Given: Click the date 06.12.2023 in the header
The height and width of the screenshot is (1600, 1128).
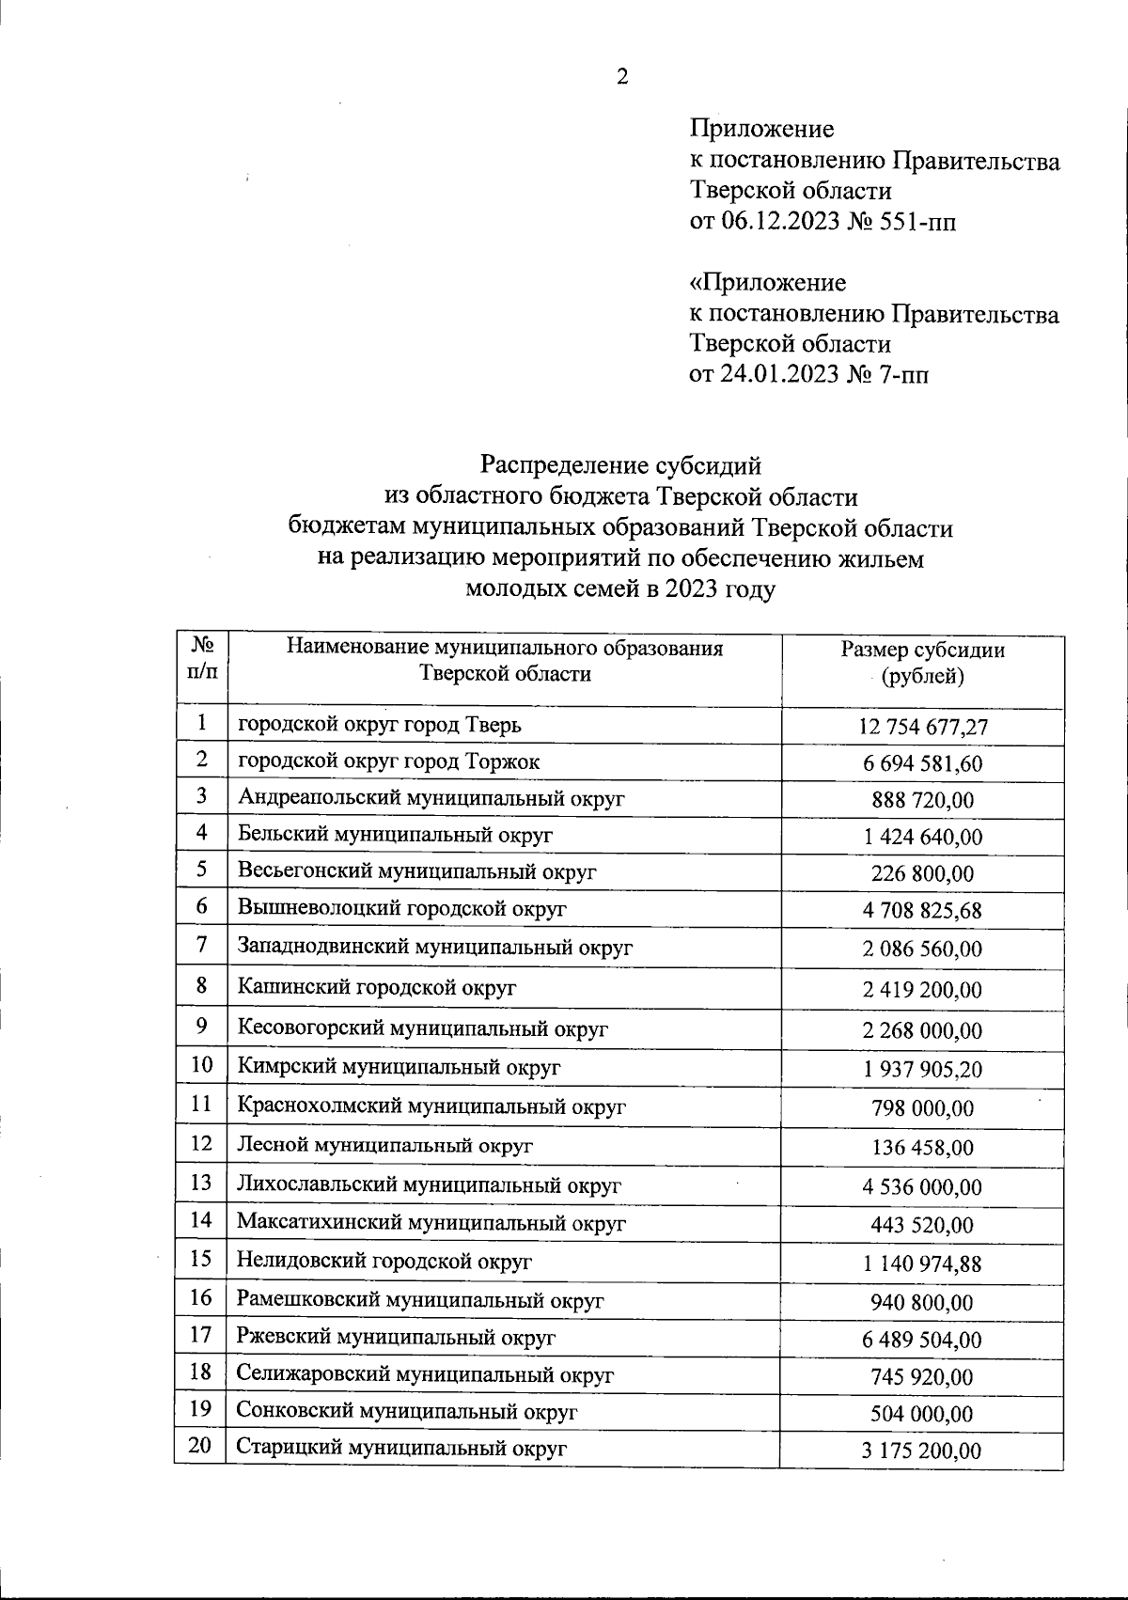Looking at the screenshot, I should pyautogui.click(x=780, y=223).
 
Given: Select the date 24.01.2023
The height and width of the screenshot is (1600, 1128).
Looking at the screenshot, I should pyautogui.click(x=779, y=375).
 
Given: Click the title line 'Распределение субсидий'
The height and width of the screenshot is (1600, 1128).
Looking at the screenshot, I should pyautogui.click(x=620, y=464).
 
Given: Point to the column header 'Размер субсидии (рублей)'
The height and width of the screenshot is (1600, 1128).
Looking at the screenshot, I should pyautogui.click(x=922, y=663).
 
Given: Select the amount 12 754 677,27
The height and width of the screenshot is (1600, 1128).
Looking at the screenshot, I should pyautogui.click(x=922, y=727).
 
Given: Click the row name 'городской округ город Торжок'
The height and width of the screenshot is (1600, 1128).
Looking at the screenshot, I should pyautogui.click(x=389, y=761).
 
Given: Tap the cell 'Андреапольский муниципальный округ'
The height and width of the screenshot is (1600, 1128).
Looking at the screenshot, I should pyautogui.click(x=431, y=798).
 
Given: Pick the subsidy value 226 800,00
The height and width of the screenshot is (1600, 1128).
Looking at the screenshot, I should pyautogui.click(x=922, y=873).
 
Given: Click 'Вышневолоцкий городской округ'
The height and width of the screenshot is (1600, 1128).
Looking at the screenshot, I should pyautogui.click(x=402, y=908).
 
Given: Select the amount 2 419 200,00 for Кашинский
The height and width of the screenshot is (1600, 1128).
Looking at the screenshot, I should pyautogui.click(x=922, y=990).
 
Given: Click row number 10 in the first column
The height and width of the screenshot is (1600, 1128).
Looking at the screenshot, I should pyautogui.click(x=201, y=1064).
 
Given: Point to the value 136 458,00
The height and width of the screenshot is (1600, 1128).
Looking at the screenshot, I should pyautogui.click(x=922, y=1148).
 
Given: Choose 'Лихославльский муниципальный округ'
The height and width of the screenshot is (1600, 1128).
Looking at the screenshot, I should pyautogui.click(x=429, y=1185).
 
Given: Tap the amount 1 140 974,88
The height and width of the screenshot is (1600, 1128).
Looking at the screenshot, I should pyautogui.click(x=922, y=1264).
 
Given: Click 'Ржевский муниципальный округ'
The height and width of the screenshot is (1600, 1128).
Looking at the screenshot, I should pyautogui.click(x=396, y=1337).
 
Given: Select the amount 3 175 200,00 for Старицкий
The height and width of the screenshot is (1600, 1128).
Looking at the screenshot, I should pyautogui.click(x=921, y=1451).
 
